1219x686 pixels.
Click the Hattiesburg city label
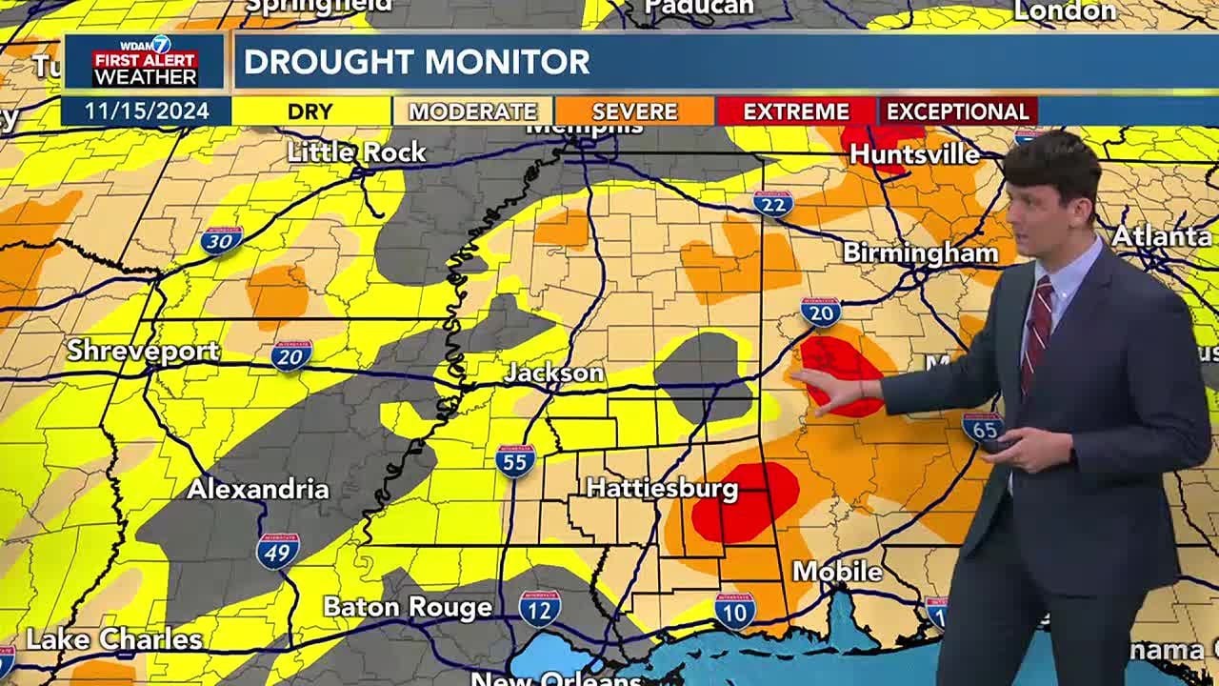pos(662,489)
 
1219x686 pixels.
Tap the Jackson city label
pos(554,373)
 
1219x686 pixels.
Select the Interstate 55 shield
pos(515,460)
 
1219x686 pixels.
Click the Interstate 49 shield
pos(278,550)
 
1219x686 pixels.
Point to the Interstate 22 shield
pos(772,203)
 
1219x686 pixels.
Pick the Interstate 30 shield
pos(221,239)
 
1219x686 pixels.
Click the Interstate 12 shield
pos(540,608)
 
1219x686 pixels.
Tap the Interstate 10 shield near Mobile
pos(735,610)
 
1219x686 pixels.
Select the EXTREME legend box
pos(796,111)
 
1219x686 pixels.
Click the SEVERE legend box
pos(634,111)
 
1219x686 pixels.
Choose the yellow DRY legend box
pos(310,111)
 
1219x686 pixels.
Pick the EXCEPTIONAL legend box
pos(957,111)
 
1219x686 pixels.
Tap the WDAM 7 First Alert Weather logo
pos(145,62)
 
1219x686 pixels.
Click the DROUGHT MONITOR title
pos(417,62)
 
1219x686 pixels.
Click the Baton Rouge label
pos(408,607)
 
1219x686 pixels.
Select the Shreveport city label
pos(143,351)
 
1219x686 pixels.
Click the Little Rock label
pos(355,152)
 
